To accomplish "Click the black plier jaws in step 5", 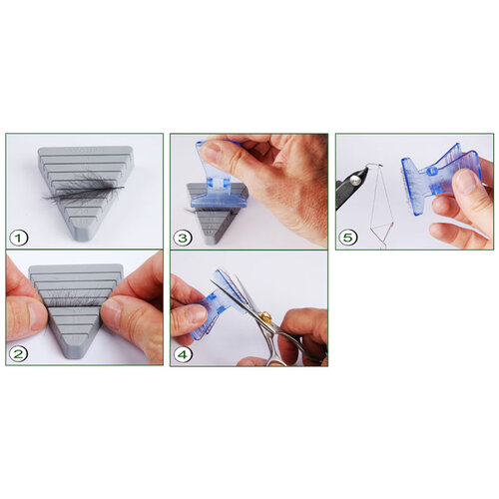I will (x=355, y=185).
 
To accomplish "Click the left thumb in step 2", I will (x=27, y=314).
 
